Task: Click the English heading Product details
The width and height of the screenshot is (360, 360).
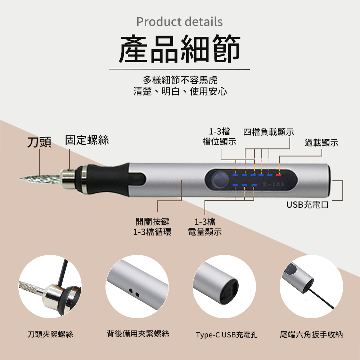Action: (x=180, y=22)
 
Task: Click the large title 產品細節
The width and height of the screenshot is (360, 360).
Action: (x=180, y=48)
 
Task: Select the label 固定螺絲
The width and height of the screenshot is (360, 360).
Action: (x=87, y=140)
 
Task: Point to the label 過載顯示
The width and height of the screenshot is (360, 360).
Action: (x=321, y=143)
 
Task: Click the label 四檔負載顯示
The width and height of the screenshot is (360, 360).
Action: (x=269, y=132)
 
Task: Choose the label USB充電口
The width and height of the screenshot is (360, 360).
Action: (x=308, y=205)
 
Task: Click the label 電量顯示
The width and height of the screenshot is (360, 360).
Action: (x=205, y=232)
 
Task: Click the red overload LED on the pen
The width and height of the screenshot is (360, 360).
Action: (x=279, y=175)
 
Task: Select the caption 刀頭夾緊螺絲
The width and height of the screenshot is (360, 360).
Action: (x=50, y=334)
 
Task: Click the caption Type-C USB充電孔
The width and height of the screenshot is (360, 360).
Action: (x=226, y=335)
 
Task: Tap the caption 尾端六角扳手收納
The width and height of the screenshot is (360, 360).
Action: (x=311, y=335)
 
